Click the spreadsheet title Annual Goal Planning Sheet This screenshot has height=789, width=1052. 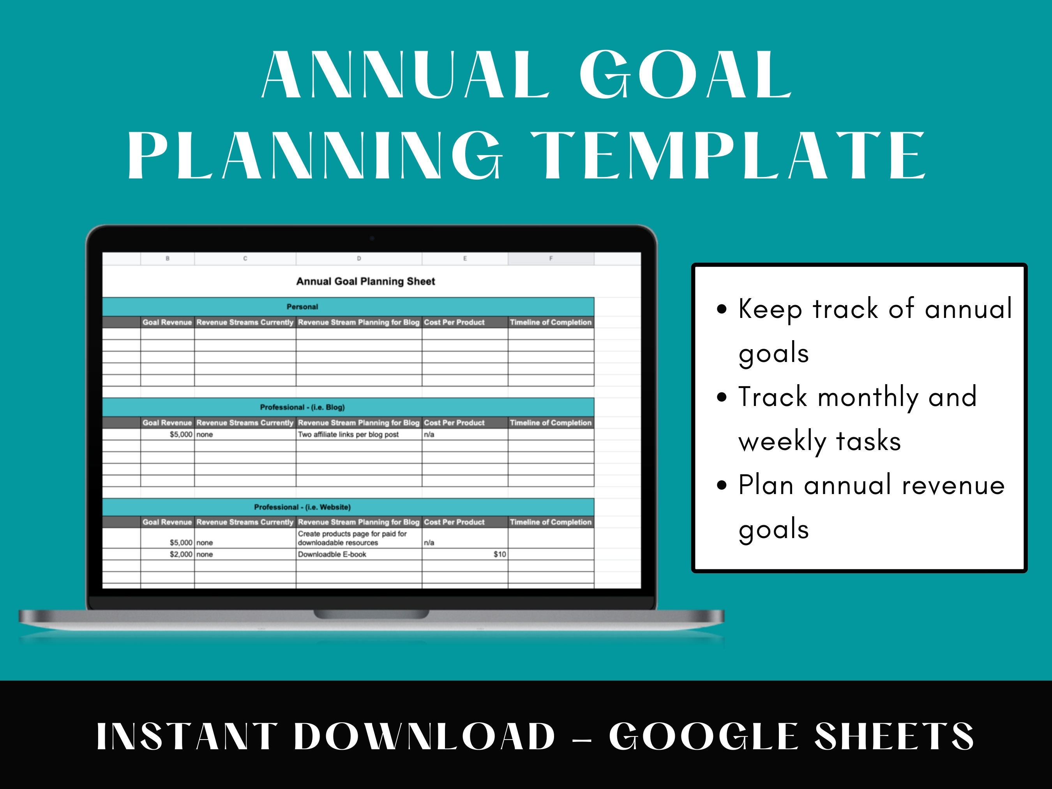pos(365,282)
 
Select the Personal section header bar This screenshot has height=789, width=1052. pos(302,307)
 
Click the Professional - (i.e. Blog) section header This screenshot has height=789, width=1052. pos(302,407)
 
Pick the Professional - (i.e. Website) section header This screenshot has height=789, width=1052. pos(302,507)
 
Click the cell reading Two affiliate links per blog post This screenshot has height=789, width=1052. pos(348,434)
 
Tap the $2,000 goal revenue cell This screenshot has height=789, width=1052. pos(181,554)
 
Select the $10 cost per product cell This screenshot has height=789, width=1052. pos(500,554)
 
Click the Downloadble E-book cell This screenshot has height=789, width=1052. pos(332,554)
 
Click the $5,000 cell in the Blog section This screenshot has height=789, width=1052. pos(181,434)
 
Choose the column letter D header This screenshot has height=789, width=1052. pos(358,259)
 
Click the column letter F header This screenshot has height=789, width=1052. pos(551,259)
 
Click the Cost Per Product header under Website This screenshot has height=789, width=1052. pos(454,522)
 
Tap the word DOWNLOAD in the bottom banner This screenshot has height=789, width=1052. pos(425,737)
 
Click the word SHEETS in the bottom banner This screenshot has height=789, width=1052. pos(894,737)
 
